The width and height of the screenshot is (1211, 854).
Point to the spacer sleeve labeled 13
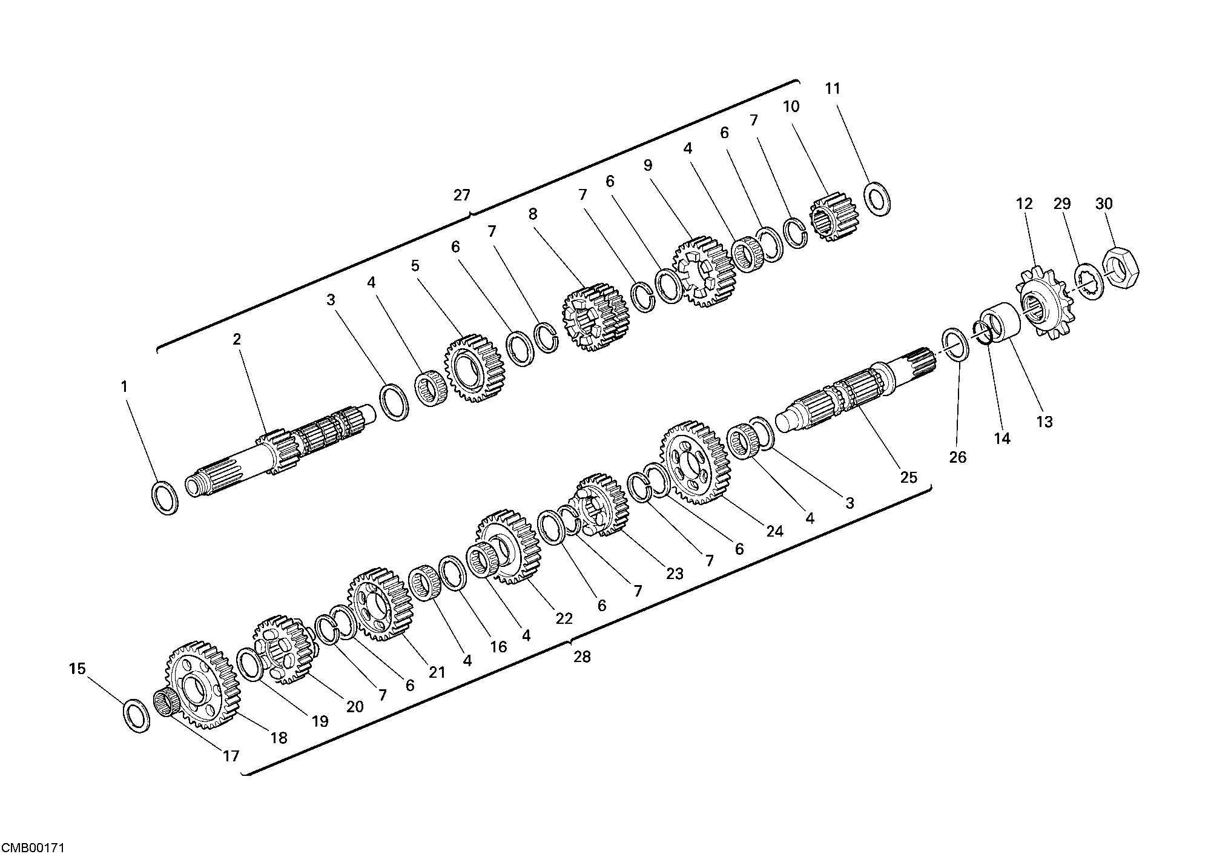[1001, 325]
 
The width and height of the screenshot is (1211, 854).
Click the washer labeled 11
[877, 197]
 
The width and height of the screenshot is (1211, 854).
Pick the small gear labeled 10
[831, 217]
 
